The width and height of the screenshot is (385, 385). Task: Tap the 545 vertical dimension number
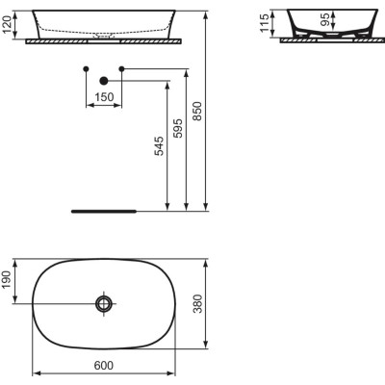pos(158,143)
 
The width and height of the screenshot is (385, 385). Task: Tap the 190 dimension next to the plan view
pos(8,281)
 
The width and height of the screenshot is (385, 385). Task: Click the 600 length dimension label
pos(104,365)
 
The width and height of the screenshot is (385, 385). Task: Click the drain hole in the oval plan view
pos(104,304)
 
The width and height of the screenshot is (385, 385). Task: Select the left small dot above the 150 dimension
pos(87,68)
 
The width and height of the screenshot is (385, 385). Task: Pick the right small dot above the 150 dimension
pos(122,68)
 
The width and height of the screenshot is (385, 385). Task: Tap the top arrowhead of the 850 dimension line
pos(208,14)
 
